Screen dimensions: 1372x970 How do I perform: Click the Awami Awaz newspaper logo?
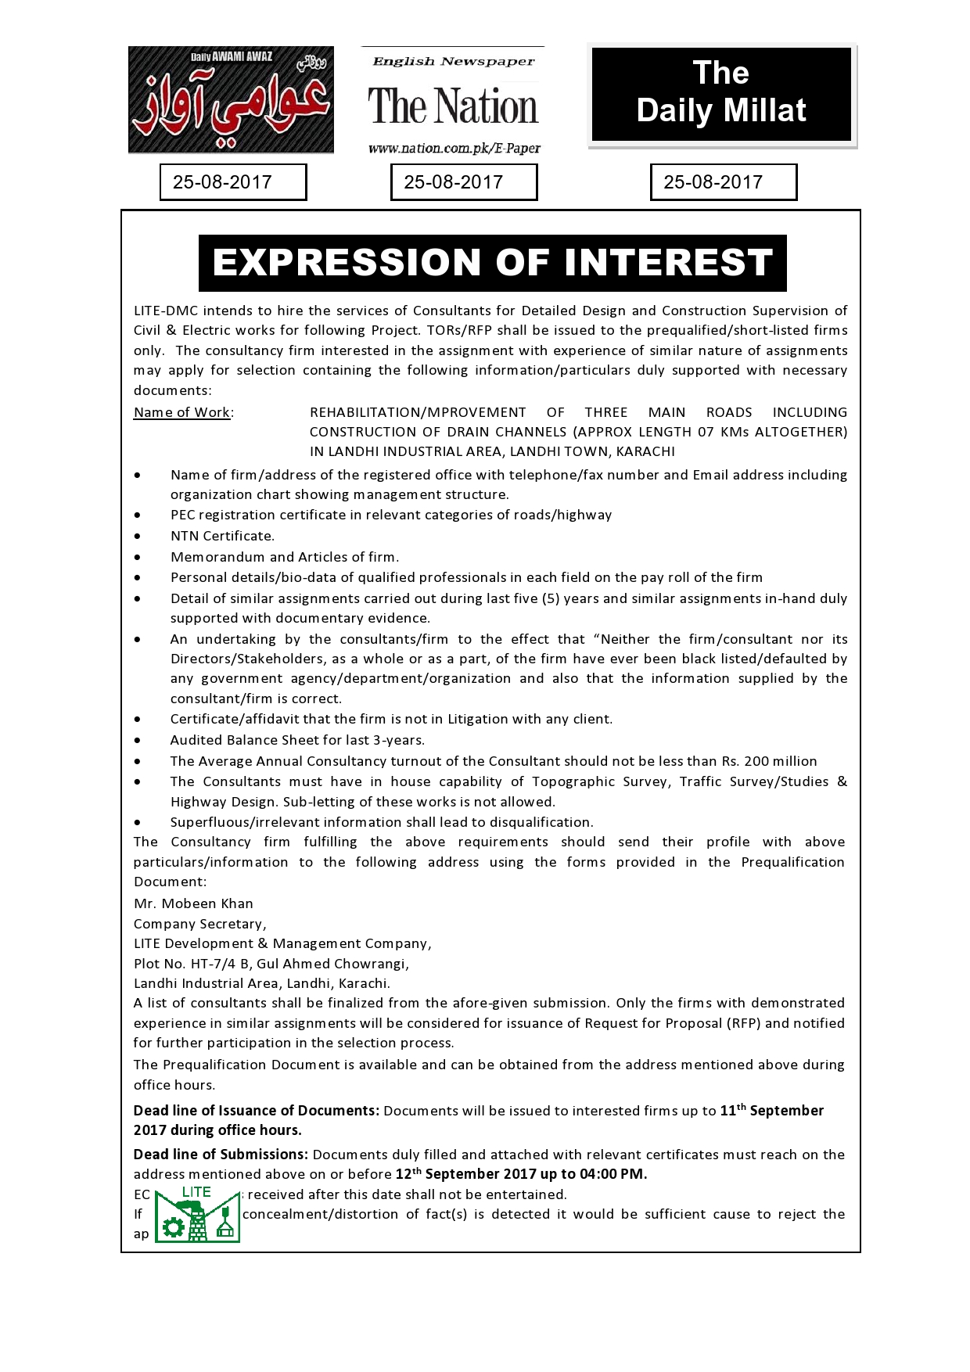pos(231,99)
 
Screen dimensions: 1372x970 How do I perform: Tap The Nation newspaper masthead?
pos(453,106)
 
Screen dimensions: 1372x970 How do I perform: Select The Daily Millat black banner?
pos(721,94)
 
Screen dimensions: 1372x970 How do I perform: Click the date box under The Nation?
pos(464,182)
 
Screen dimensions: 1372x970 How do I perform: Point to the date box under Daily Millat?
pos(723,182)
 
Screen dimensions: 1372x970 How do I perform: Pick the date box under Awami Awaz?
pos(232,182)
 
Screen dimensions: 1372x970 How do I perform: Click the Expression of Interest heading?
pos(492,263)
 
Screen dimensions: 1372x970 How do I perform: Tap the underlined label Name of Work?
pos(181,412)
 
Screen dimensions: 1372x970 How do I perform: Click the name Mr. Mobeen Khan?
pos(193,903)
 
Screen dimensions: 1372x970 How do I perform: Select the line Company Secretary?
pos(199,924)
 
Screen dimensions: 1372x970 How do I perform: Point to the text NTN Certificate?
pos(222,536)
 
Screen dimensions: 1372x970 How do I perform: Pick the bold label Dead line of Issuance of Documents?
pos(256,1111)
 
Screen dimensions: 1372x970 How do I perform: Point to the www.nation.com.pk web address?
pos(454,149)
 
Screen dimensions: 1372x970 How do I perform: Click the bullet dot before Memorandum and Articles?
pos(138,557)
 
